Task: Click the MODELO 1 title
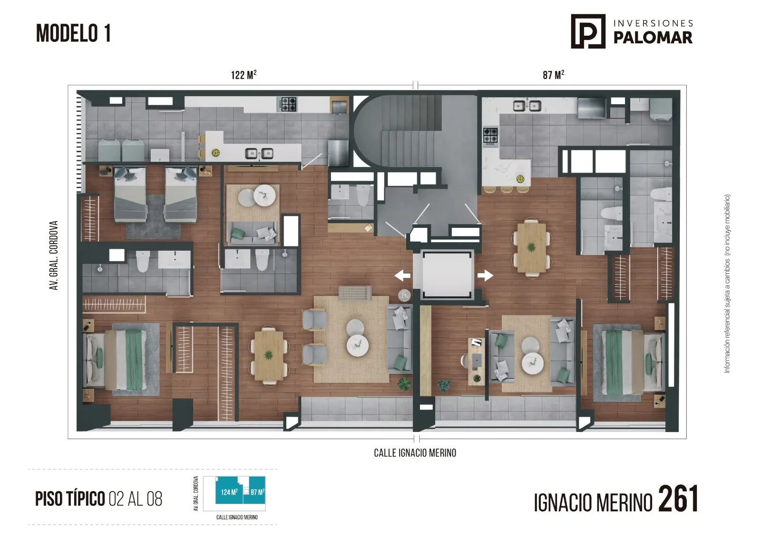tap(73, 33)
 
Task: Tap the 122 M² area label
tap(244, 75)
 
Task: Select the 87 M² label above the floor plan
tap(554, 75)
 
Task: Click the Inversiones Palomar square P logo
tap(588, 31)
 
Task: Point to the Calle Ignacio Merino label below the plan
tap(415, 453)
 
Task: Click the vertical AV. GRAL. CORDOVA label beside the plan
tap(54, 255)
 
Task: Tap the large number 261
tap(678, 499)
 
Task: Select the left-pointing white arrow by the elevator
tap(402, 275)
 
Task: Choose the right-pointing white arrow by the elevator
tap(485, 275)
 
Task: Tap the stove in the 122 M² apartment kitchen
tap(288, 104)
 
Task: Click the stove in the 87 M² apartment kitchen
tap(490, 136)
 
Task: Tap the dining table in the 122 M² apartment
tap(269, 356)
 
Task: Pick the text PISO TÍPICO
tap(70, 499)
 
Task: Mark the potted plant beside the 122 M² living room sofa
tap(404, 384)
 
